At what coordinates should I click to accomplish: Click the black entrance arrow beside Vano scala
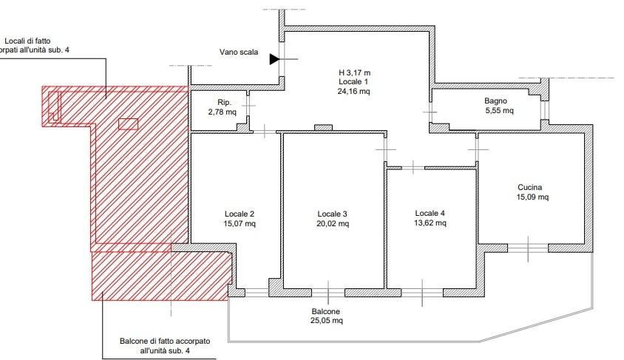pos(274,59)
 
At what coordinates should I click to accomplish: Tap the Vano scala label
pos(238,52)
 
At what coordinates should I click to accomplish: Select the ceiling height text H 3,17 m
pos(354,72)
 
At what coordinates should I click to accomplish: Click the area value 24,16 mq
pos(353,91)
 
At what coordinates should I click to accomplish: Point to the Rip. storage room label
pos(225,103)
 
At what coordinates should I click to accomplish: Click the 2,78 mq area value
pos(222,112)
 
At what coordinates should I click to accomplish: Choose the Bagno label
pos(495,101)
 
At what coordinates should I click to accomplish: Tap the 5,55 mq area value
pos(499,111)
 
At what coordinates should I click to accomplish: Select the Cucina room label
pos(529,187)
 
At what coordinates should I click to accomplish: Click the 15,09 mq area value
pos(532,197)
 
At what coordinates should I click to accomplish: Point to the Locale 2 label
pos(239,214)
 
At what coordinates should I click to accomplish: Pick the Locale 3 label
pos(332,214)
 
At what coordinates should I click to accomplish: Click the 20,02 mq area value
pos(333,223)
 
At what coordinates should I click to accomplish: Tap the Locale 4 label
pos(430,213)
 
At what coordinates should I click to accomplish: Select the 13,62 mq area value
pos(430,223)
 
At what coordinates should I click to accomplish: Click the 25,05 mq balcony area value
pos(326,321)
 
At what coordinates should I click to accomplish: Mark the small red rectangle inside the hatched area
pos(128,124)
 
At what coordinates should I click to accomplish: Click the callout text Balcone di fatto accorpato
pos(165,342)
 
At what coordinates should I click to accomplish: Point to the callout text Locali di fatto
pos(27,41)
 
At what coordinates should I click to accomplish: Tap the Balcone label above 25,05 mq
pos(325,311)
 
